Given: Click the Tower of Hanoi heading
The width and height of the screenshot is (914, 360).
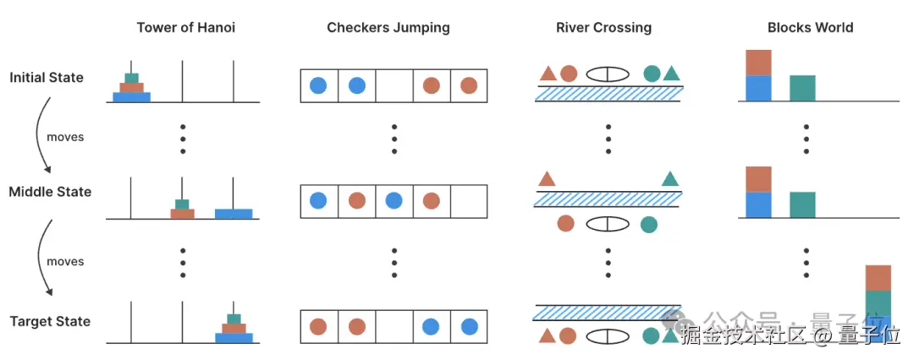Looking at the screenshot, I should [186, 28].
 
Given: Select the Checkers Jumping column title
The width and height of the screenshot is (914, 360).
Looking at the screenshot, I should [388, 28].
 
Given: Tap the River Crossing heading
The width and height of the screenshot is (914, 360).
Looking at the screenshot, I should [603, 28].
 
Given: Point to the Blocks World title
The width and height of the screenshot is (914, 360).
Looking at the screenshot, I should [810, 28].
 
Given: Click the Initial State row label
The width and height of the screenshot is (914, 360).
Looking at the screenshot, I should [47, 78].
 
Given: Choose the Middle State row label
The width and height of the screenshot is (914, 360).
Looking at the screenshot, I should [50, 192].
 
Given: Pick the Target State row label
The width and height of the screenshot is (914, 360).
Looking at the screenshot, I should [50, 321].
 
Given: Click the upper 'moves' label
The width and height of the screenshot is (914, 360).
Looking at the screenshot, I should [65, 137].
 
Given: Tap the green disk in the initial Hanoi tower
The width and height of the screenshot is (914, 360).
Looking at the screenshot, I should [131, 79].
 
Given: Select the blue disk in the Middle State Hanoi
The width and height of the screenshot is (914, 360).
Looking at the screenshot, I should [234, 214].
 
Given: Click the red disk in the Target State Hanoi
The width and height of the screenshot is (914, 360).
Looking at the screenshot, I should [234, 328].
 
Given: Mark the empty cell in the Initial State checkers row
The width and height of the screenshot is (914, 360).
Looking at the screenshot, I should [394, 85].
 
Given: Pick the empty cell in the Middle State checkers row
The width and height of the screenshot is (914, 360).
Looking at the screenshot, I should [469, 201].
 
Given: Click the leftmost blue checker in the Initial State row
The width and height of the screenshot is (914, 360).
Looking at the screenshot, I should [319, 85].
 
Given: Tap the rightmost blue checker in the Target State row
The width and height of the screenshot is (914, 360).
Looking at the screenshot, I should [468, 326].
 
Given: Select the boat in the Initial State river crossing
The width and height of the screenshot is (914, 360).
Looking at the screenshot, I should [608, 74].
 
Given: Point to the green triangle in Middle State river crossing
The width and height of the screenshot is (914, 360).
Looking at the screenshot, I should [670, 178].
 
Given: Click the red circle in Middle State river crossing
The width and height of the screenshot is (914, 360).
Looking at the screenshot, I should [566, 224].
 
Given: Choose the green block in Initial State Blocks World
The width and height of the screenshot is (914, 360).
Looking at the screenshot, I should [802, 88].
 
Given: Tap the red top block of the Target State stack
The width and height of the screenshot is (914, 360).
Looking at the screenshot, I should [878, 278].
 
